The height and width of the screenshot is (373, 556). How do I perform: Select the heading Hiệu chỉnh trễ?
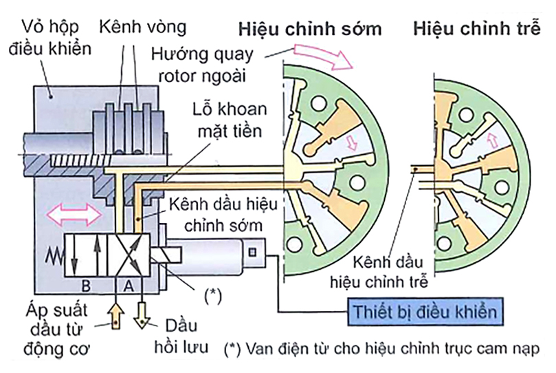pos(482,30)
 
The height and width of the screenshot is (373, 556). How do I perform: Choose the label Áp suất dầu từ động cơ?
pos(52,323)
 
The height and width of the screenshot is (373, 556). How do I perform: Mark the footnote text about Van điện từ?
pos(381,348)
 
